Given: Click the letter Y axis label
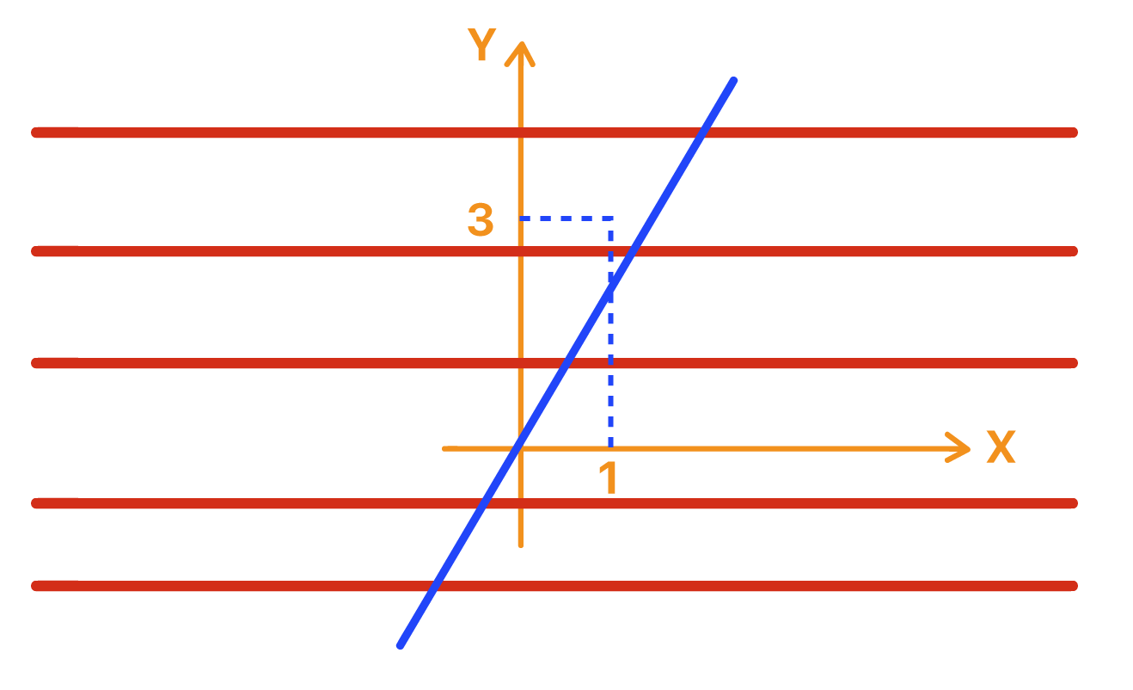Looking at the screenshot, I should [x=481, y=46].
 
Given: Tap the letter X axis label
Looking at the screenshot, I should [x=1001, y=447].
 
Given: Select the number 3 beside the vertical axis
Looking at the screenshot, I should [x=481, y=220].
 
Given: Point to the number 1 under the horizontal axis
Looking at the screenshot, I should [x=609, y=478].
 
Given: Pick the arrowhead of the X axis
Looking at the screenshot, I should [x=962, y=447].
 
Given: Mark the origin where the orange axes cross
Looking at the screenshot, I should [x=520, y=447].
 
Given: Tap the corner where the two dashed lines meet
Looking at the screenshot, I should [x=610, y=219].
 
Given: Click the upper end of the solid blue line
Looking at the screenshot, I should [x=734, y=80].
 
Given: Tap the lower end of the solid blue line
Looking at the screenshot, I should [x=400, y=645].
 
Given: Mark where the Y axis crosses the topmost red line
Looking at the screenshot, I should [x=520, y=132].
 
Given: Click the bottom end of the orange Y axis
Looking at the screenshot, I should [x=520, y=545].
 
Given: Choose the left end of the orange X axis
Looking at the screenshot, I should [x=444, y=447].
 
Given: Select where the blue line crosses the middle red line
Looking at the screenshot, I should [x=567, y=363].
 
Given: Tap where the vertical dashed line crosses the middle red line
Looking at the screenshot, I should [x=610, y=363].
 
